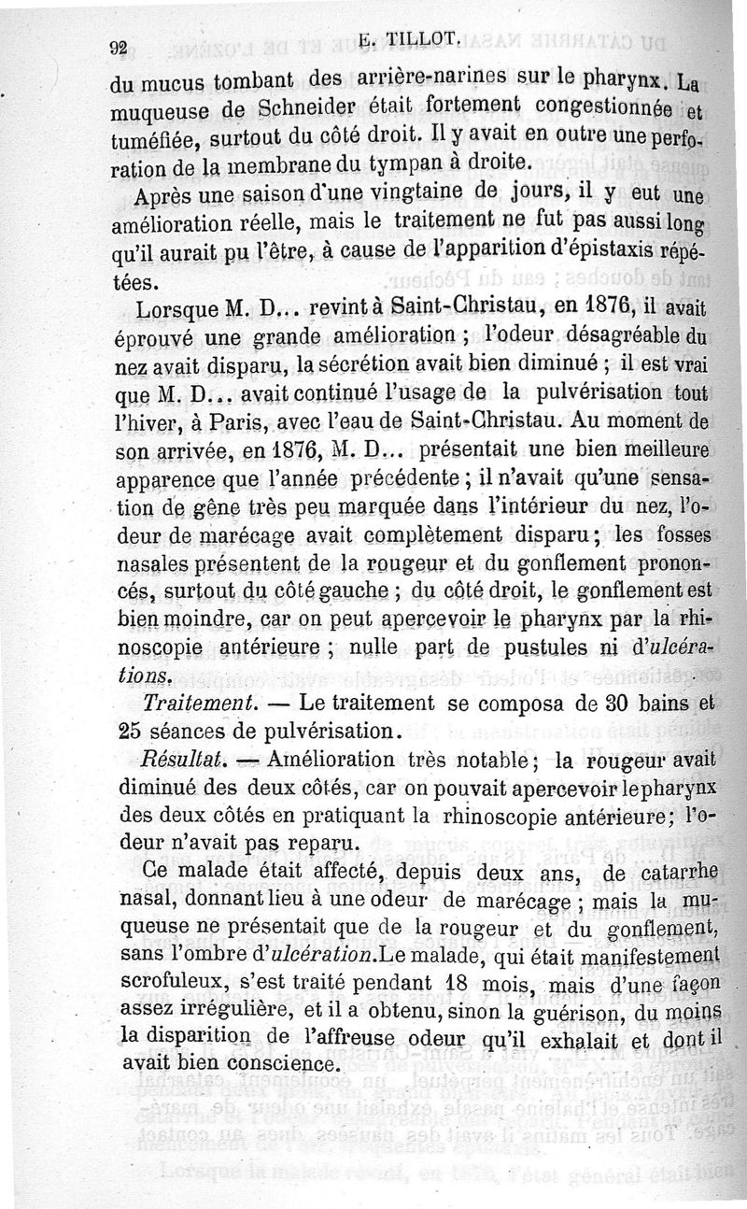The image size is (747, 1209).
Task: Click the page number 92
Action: point(119,50)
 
